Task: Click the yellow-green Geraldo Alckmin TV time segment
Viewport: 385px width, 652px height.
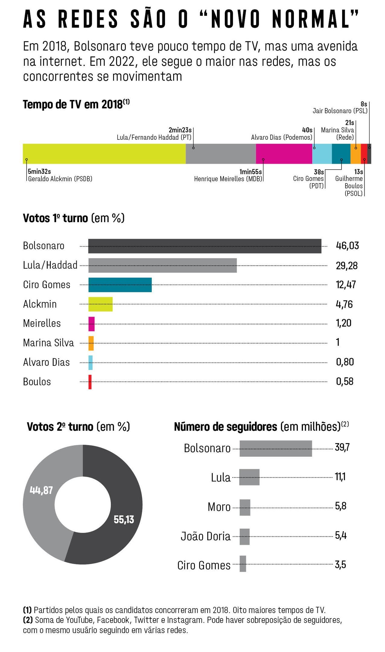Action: click(104, 154)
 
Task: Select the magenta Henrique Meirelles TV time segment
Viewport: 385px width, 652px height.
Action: click(284, 154)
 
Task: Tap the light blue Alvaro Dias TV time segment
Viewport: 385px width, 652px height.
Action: click(322, 154)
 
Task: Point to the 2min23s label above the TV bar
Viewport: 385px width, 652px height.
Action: click(180, 130)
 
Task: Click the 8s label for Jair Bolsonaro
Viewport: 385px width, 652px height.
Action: click(364, 104)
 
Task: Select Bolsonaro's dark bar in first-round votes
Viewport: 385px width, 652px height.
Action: click(205, 246)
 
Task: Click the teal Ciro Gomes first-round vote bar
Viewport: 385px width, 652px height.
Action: click(120, 285)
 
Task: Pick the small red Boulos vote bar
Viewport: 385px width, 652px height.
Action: click(90, 382)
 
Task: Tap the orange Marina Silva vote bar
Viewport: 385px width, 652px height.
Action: click(91, 343)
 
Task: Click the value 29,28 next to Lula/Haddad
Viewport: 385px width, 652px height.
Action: click(346, 266)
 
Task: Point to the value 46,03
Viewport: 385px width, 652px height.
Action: click(347, 246)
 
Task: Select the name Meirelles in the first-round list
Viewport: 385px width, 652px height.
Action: click(42, 323)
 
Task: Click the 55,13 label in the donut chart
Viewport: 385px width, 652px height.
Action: click(124, 519)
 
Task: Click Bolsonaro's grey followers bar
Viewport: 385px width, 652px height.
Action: click(275, 448)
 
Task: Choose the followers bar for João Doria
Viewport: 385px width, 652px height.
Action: click(244, 536)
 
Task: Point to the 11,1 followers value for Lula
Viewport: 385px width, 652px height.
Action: click(340, 477)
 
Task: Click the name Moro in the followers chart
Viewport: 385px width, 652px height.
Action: click(219, 507)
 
